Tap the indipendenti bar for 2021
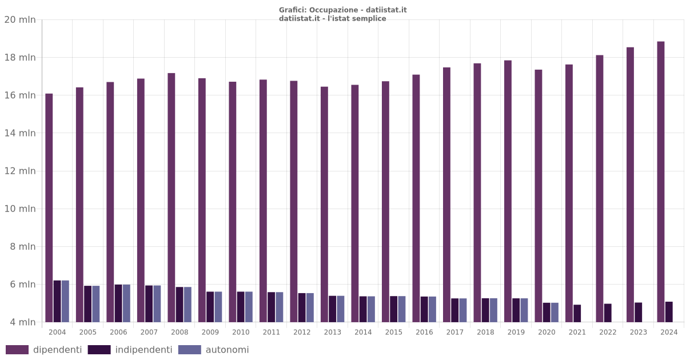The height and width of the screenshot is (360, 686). pos(577,313)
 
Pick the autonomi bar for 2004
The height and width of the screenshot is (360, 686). pos(65,301)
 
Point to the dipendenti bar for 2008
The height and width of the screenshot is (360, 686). pos(171,197)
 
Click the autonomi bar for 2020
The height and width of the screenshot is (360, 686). pos(555,312)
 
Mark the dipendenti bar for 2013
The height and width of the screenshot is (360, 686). pos(325,204)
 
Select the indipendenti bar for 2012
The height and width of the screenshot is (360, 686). pos(302,307)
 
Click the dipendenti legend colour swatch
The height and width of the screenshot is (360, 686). pos(17,350)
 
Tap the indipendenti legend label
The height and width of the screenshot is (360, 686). pos(143,350)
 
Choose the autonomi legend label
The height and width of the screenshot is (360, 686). pos(227,350)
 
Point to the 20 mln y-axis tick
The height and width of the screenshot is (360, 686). pos(20,20)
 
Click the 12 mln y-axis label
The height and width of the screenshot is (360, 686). pos(20,171)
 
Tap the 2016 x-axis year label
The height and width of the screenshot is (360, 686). pos(424,332)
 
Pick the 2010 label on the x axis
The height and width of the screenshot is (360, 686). pos(241,332)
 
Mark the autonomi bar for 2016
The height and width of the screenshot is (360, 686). pos(432,309)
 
